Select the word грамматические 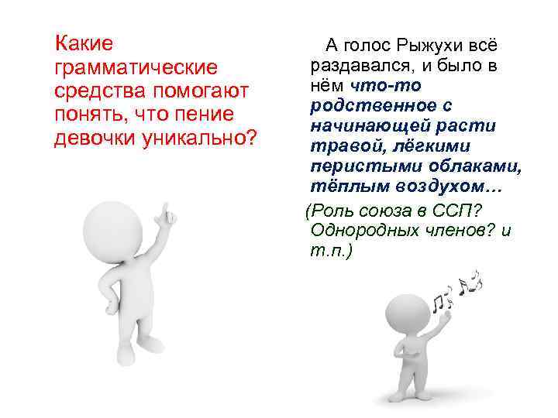click(x=132, y=67)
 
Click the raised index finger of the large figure click(x=164, y=211)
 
